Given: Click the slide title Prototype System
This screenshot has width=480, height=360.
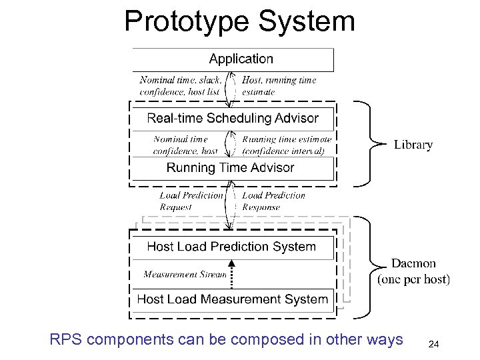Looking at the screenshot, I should pos(239,21).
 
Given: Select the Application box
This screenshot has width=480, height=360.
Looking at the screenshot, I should pos(233,59).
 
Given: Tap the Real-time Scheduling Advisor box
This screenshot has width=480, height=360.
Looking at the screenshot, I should pos(233,119).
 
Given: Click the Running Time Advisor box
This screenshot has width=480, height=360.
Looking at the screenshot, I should pos(231,168).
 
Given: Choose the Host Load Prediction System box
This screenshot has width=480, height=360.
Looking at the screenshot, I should pos(231,247).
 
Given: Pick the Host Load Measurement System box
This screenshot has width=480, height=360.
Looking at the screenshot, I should pos(232,299).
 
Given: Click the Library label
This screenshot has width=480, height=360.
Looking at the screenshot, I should pos(413,145).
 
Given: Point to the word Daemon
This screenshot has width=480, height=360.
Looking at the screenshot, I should pos(413,263).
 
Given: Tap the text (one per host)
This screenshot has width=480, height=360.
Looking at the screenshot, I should pos(413,280).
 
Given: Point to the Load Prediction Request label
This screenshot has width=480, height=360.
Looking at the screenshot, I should pos(191,201).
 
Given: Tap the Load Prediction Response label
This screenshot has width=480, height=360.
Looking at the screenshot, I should pos(273,201).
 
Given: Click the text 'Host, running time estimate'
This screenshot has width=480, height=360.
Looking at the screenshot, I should pos(279,85).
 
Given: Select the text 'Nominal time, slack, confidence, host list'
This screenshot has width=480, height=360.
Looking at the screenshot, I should pos(181,85).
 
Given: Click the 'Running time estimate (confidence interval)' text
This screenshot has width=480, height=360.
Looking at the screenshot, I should pos(286,145).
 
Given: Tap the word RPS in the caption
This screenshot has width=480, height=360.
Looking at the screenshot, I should pos(66,339).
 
